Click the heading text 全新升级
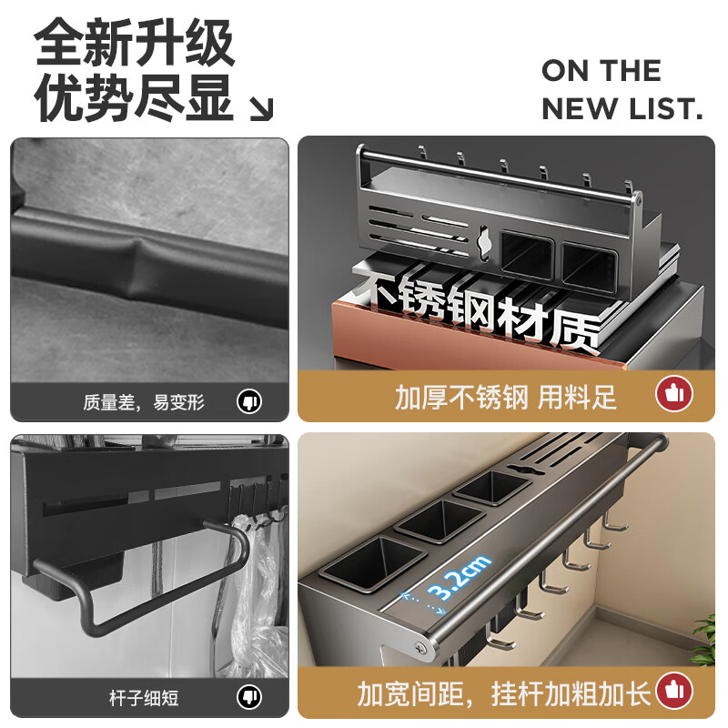click(x=135, y=44)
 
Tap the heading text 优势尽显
click(x=135, y=98)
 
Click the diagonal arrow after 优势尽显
click(x=261, y=109)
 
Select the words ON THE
click(x=602, y=71)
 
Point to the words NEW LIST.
click(x=622, y=110)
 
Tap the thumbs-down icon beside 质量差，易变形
click(x=248, y=400)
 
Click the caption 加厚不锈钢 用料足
click(x=506, y=397)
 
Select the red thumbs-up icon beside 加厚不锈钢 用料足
click(x=674, y=394)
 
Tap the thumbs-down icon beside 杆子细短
click(x=248, y=698)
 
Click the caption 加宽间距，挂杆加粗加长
click(x=504, y=694)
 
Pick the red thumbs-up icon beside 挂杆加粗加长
click(x=674, y=692)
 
